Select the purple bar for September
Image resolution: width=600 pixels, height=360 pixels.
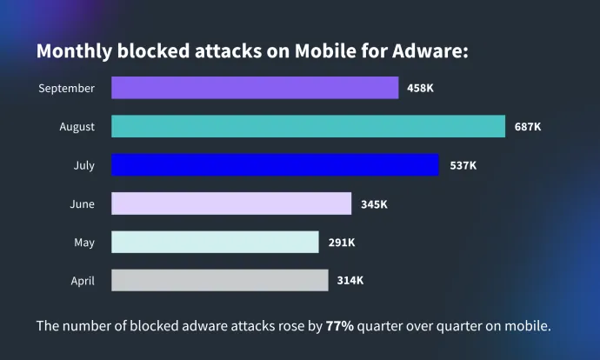pyautogui.click(x=255, y=88)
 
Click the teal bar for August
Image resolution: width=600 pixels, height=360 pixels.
pyautogui.click(x=308, y=126)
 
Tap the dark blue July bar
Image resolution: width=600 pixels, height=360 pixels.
pyautogui.click(x=275, y=165)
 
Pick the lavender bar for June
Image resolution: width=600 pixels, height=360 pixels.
pyautogui.click(x=231, y=203)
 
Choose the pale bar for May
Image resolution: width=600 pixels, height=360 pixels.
pyautogui.click(x=215, y=243)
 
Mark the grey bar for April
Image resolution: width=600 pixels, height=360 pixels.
pyautogui.click(x=220, y=280)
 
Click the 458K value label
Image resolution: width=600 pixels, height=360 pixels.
pyautogui.click(x=422, y=88)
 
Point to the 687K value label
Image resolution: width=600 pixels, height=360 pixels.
pyautogui.click(x=528, y=126)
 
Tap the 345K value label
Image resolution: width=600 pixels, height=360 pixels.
pyautogui.click(x=374, y=204)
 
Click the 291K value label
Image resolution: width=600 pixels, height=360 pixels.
pyautogui.click(x=342, y=243)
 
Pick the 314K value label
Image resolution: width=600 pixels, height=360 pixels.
pyautogui.click(x=350, y=280)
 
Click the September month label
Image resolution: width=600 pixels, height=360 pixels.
pyautogui.click(x=66, y=88)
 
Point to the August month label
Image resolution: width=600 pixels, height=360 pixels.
pyautogui.click(x=77, y=127)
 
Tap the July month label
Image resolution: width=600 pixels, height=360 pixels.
pyautogui.click(x=83, y=165)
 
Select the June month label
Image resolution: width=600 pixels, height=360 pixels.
pyautogui.click(x=82, y=204)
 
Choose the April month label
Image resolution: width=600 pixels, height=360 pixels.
pyautogui.click(x=82, y=281)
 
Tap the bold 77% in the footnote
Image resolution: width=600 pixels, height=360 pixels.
pyautogui.click(x=340, y=327)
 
